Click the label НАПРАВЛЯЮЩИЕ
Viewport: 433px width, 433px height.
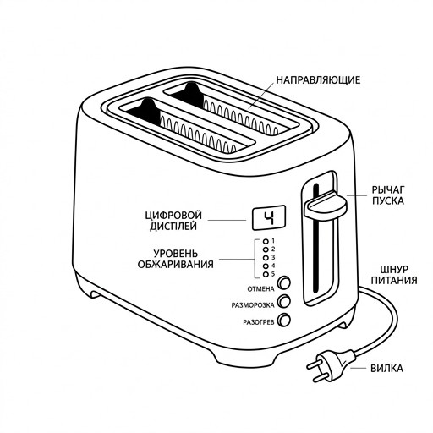[318, 80]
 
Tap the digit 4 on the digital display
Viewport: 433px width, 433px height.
[269, 217]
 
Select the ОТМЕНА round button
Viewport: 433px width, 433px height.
[284, 282]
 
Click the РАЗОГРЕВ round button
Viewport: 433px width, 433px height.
[284, 321]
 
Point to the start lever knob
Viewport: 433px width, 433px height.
[326, 206]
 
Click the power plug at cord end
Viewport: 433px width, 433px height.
[331, 365]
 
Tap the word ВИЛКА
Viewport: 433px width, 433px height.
[386, 368]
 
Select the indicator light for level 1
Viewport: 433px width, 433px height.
[266, 241]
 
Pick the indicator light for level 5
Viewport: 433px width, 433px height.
[266, 274]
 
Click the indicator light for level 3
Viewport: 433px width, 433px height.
[266, 258]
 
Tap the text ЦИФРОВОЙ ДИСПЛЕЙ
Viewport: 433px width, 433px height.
[173, 221]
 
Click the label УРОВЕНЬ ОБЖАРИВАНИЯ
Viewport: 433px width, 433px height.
[175, 259]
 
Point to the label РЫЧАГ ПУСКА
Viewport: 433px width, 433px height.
[388, 195]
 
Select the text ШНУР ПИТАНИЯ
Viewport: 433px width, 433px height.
[394, 275]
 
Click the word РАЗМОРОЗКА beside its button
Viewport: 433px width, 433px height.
[253, 305]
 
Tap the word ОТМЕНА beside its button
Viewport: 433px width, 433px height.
[260, 289]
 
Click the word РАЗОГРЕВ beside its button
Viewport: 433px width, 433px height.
[259, 322]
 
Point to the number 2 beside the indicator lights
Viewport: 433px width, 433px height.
[273, 249]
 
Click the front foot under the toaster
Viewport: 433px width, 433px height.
[244, 358]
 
